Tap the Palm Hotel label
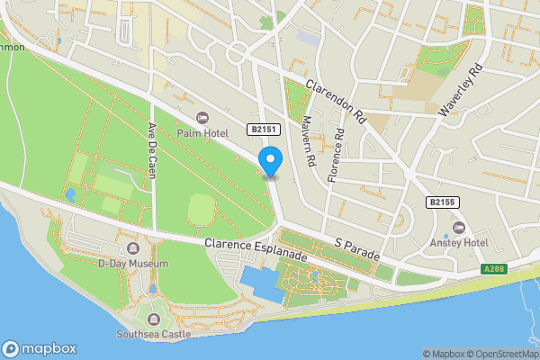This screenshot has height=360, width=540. pos(202,134)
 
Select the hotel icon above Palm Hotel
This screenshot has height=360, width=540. pos(202,118)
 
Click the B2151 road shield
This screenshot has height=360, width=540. pos(265,130)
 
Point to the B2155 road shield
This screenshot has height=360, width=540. pos(441,202)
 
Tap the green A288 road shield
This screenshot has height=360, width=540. pos(493,268)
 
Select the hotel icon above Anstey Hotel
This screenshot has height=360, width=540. pos(459,226)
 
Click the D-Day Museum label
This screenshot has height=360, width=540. pos(133,264)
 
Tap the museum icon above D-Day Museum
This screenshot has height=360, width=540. pos(133,248)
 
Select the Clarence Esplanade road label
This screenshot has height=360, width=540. pos(256,249)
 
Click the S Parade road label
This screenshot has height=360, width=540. pos(358,250)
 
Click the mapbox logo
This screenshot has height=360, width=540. pos(40,349)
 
